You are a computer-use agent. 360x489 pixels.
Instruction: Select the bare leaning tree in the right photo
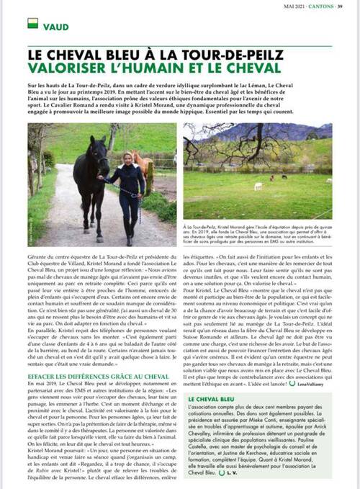click(209, 155)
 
